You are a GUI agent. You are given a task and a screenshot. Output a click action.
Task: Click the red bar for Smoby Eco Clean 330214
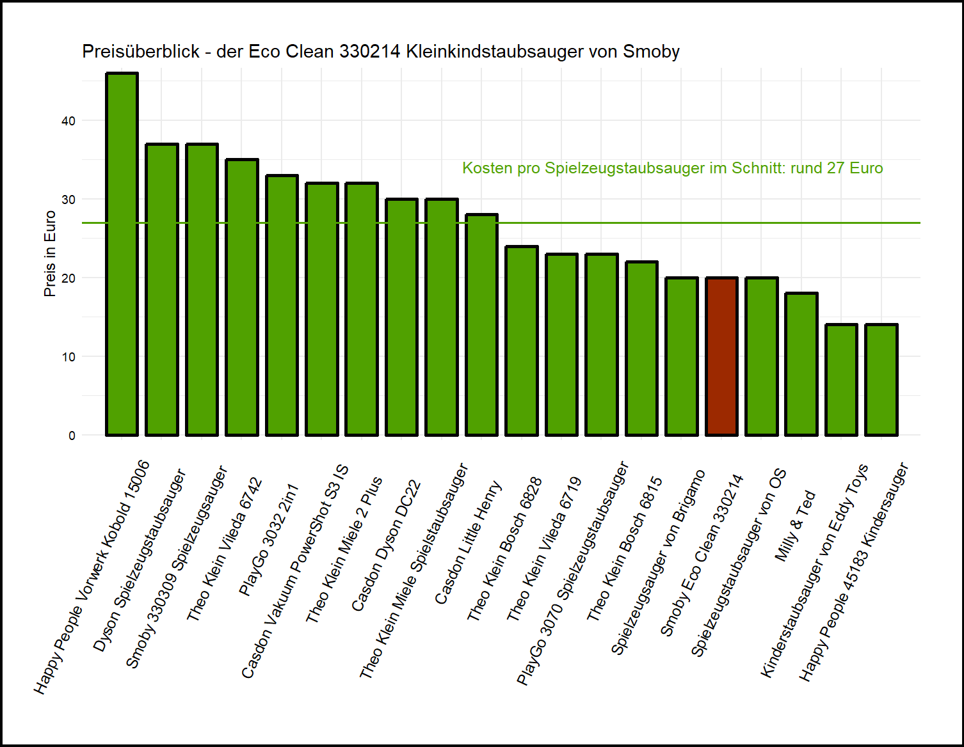tap(721, 357)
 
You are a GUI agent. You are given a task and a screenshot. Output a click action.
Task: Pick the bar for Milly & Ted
tap(801, 364)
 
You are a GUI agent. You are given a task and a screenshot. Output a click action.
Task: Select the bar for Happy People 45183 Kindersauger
tap(881, 380)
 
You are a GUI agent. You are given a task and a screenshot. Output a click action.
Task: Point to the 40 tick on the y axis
tap(68, 121)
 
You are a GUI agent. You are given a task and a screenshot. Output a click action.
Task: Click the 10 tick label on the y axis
tap(68, 357)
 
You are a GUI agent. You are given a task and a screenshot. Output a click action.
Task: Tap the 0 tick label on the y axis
tap(72, 436)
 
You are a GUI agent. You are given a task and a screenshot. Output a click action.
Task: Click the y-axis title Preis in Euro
tap(50, 254)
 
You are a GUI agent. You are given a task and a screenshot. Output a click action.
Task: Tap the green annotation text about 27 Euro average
tap(672, 168)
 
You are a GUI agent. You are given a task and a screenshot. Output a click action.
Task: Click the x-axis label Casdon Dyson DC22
tap(386, 546)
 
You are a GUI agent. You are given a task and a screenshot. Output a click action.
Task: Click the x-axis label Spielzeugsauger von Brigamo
tap(657, 562)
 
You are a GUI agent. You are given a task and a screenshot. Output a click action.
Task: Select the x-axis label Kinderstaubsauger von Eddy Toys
tap(814, 570)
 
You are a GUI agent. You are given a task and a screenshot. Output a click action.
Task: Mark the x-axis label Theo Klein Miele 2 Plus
tap(344, 549)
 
